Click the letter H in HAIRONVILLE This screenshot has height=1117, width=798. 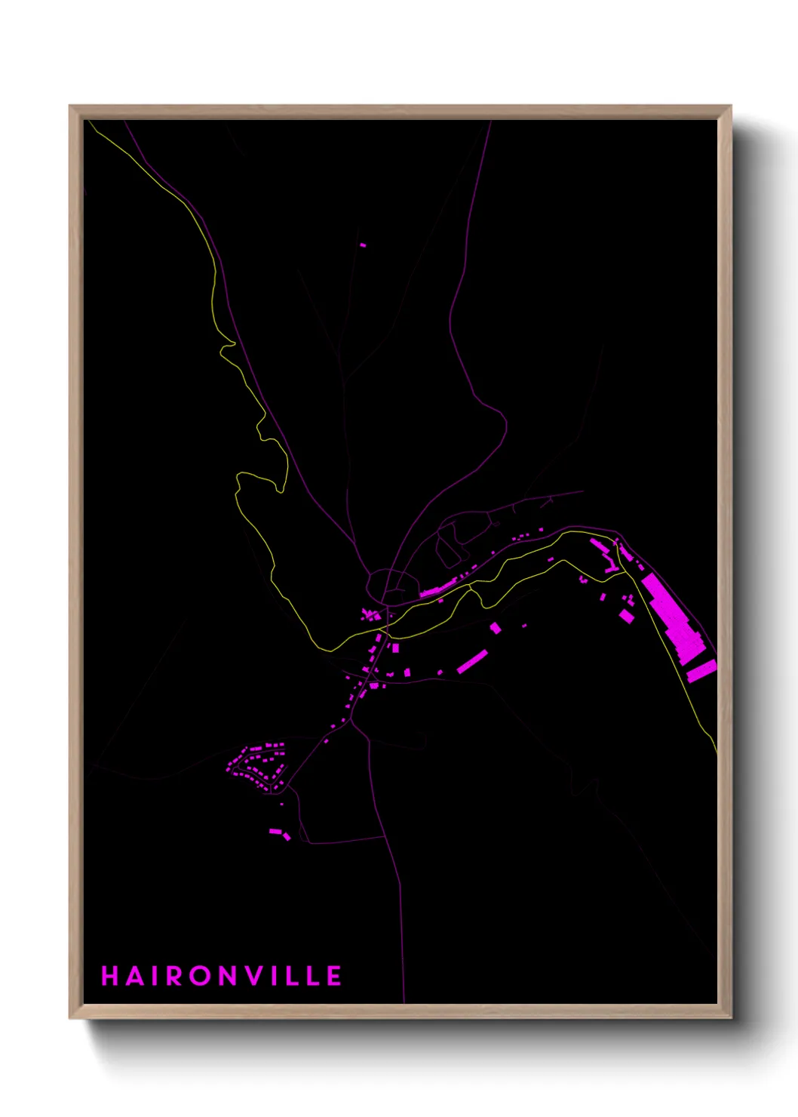[110, 976]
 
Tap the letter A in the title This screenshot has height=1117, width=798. [135, 976]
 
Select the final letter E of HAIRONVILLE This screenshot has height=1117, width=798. [334, 976]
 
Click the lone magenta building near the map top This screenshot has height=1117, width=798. [363, 245]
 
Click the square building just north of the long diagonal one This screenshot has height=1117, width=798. [496, 627]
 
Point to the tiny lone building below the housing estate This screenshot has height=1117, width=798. [282, 804]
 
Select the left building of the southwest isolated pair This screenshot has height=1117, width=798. [275, 832]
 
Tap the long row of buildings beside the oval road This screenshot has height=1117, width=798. [440, 589]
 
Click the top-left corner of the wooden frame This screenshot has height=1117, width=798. [70, 107]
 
